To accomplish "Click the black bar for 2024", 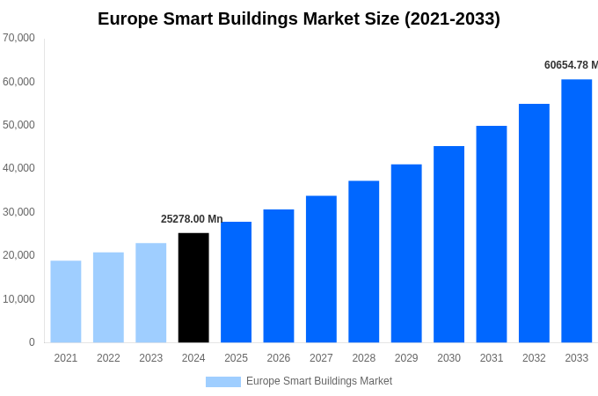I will [193, 288].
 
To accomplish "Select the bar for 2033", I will [576, 211].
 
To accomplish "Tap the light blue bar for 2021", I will [66, 302].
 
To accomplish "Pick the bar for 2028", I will [363, 261].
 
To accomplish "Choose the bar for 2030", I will [448, 245].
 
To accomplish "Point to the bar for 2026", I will [279, 276].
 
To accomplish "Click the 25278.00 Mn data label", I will [192, 219].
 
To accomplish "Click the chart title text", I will [299, 18].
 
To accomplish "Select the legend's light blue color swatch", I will [222, 382].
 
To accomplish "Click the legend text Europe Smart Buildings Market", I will [319, 381].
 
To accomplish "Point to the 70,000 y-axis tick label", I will [18, 38].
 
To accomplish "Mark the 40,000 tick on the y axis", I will [18, 168].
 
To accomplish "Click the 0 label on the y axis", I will [32, 342].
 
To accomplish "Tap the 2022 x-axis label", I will [108, 358].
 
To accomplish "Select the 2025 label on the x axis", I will [236, 358].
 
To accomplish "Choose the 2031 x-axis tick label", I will [492, 358].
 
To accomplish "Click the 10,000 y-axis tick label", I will [18, 299].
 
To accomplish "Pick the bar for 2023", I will [150, 293].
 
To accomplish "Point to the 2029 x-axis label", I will [406, 358].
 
